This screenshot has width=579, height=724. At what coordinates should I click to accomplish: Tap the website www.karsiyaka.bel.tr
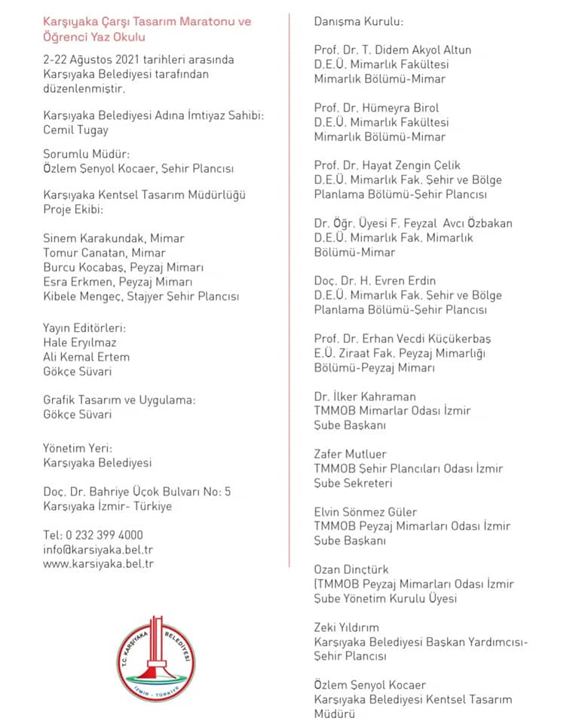pos(98,564)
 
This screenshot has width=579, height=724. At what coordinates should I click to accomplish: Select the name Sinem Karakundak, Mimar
pos(114,238)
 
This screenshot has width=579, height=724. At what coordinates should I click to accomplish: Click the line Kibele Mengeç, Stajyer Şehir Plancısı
pos(141,296)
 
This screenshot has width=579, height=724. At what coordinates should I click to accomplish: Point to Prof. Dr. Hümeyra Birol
pos(376,108)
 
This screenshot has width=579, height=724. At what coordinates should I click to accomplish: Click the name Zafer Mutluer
pos(351,455)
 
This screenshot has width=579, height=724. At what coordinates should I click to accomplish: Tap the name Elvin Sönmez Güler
pos(365,512)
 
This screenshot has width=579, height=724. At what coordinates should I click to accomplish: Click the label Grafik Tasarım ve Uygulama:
pos(119,400)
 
